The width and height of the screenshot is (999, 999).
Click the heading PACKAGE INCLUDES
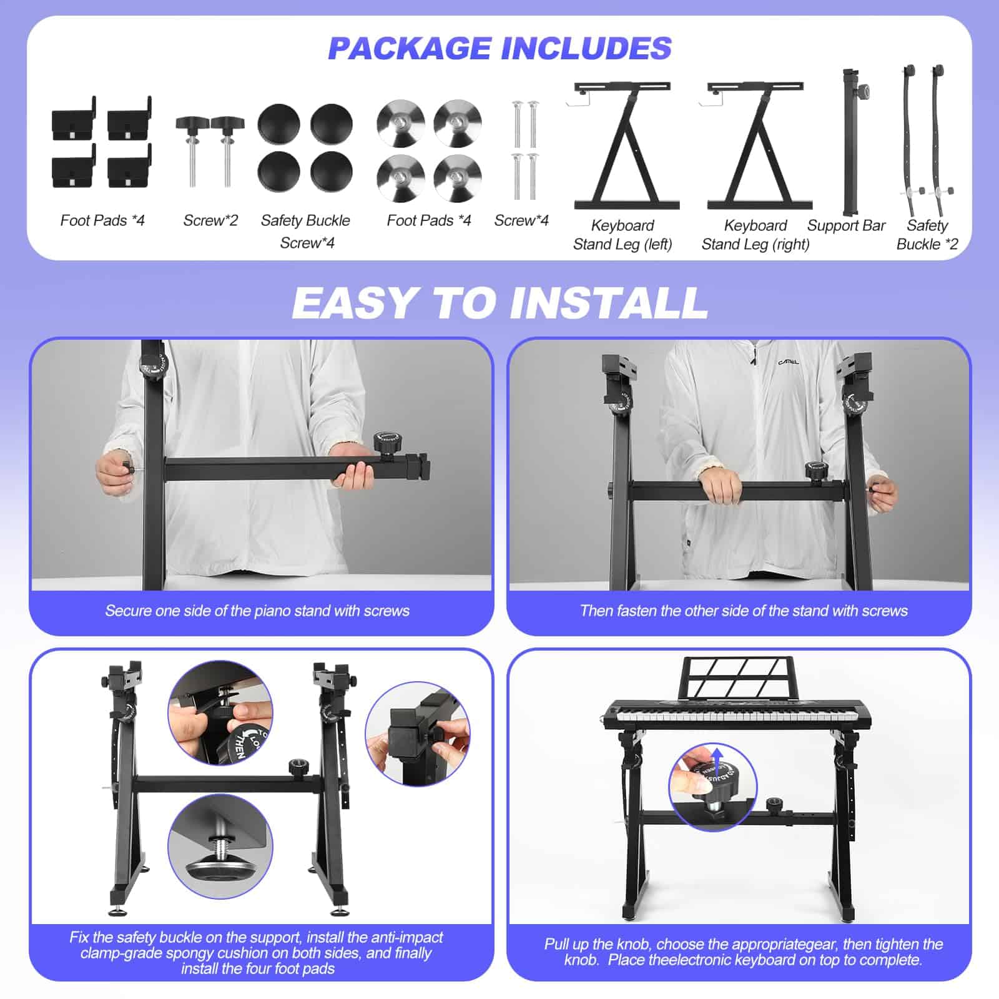coord(499,49)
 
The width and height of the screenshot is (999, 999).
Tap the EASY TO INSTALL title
coord(499,303)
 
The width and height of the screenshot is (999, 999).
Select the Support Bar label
coord(846,225)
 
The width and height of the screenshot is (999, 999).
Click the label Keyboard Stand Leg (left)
coord(623,235)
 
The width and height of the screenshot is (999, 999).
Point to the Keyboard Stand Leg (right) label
coord(755,235)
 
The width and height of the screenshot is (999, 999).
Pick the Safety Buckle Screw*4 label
coord(306,231)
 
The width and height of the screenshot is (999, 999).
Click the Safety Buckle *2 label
coord(927,235)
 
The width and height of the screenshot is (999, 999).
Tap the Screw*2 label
coord(210,220)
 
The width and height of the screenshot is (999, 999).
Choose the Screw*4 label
coord(521,220)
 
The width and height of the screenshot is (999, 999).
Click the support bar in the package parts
coord(850,144)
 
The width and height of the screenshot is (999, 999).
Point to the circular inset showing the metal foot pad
coord(220,846)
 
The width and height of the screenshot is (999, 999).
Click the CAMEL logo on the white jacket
coord(788,362)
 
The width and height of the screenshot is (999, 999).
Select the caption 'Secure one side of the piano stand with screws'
coord(257,611)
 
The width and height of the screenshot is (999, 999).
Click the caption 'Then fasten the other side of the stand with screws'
coord(744,611)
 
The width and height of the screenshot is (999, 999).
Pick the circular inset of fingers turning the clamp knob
coord(418,734)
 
